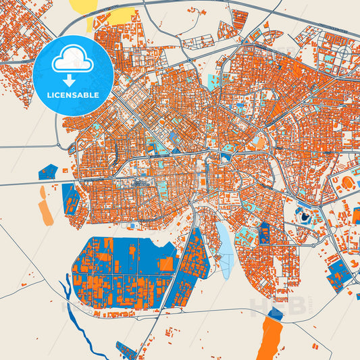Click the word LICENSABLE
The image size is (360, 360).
tap(73, 94)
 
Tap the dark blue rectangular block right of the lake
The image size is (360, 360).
tap(265, 233)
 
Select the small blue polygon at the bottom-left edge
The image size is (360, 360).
tap(126, 349)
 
